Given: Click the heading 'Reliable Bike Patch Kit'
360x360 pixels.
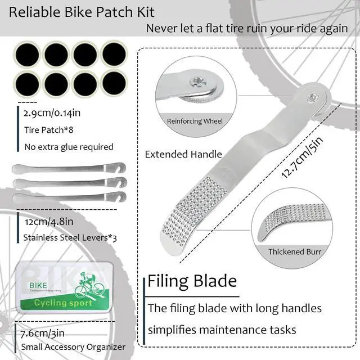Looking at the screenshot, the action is [x=78, y=12].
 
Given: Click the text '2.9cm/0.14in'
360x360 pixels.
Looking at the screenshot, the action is [x=52, y=112].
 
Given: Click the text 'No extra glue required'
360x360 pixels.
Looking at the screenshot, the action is [x=69, y=147].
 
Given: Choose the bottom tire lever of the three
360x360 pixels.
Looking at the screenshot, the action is [x=67, y=198].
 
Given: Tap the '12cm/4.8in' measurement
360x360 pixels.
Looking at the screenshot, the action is [x=49, y=222].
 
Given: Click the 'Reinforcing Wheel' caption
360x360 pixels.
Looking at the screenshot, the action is [x=195, y=121].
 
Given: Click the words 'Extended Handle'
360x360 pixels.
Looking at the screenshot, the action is [x=183, y=154].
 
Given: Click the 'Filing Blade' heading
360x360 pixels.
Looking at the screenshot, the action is [x=192, y=281].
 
